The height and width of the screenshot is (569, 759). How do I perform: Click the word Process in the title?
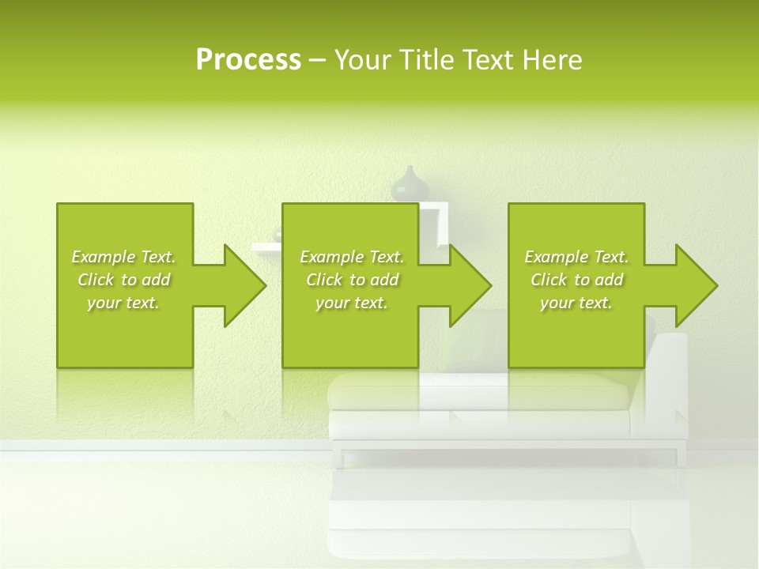[248, 60]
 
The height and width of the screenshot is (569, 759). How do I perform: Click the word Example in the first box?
[104, 257]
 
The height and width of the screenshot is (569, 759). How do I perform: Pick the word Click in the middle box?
[323, 280]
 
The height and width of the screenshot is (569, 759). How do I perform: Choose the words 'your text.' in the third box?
[576, 303]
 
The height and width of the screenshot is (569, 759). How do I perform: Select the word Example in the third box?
[557, 257]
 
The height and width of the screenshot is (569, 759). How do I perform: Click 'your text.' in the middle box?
[351, 303]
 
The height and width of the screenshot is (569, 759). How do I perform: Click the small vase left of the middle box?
[277, 235]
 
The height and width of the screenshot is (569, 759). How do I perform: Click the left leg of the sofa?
[342, 457]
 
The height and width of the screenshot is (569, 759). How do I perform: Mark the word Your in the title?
[362, 60]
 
